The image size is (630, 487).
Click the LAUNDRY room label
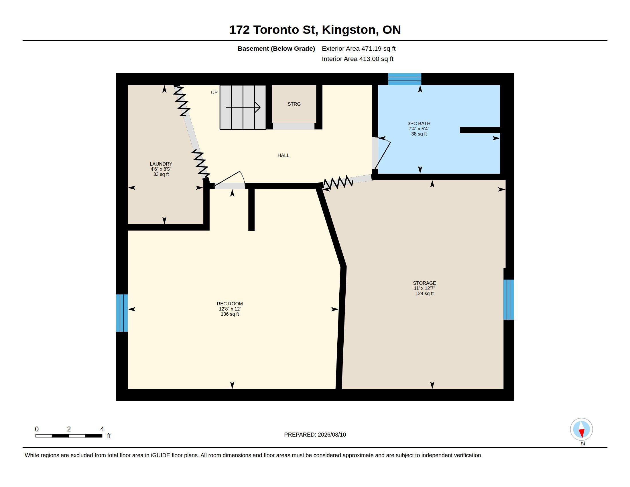tap(161, 164)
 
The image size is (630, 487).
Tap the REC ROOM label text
tap(230, 304)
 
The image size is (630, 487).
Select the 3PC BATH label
tap(419, 123)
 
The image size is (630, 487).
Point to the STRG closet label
tap(294, 104)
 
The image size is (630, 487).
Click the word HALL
tap(283, 156)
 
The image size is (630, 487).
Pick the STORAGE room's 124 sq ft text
tap(424, 294)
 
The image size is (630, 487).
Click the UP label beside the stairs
tap(214, 93)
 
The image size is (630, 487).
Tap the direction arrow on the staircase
tap(243, 107)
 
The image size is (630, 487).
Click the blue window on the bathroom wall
tap(404, 79)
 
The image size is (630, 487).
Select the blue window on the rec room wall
tap(122, 313)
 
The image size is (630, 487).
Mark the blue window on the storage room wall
tap(509, 299)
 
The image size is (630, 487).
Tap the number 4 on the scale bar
tap(102, 429)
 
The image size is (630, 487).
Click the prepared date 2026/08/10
tap(332, 435)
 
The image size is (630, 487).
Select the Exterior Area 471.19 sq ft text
tap(359, 49)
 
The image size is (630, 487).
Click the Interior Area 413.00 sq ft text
tap(357, 59)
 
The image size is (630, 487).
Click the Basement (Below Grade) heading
tap(276, 49)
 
